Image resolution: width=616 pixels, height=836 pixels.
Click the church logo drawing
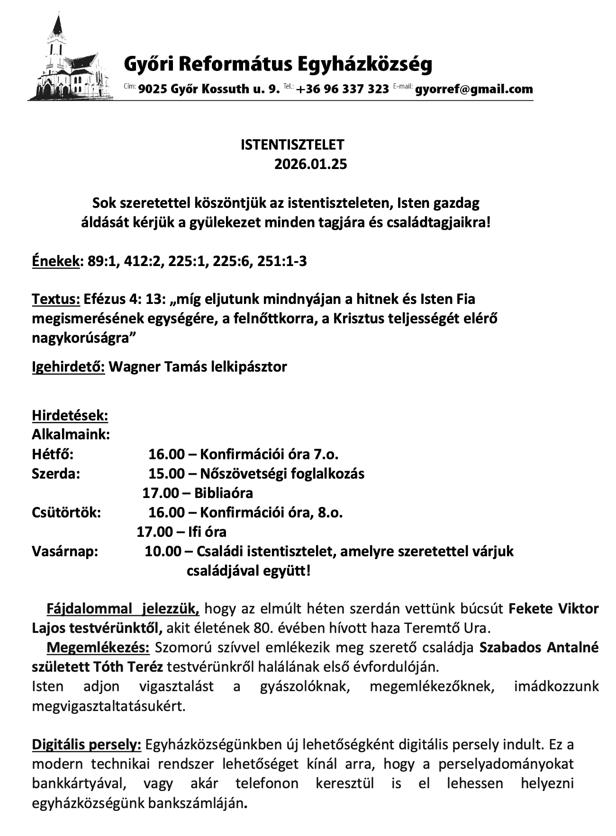pyautogui.click(x=71, y=59)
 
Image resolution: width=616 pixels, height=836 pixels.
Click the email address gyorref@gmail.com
pyautogui.click(x=474, y=89)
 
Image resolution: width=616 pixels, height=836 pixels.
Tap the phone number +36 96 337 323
pyautogui.click(x=343, y=89)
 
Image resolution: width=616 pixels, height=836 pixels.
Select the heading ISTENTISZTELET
pyautogui.click(x=292, y=145)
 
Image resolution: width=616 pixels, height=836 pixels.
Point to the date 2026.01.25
pyautogui.click(x=310, y=164)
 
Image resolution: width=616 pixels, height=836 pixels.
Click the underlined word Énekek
pyautogui.click(x=55, y=261)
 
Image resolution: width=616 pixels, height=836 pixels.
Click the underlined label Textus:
pyautogui.click(x=56, y=299)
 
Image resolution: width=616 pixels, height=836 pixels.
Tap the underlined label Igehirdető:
pyautogui.click(x=68, y=367)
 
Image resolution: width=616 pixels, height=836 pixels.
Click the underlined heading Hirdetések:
pyautogui.click(x=70, y=416)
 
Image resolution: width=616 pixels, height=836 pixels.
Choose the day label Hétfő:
pyautogui.click(x=53, y=454)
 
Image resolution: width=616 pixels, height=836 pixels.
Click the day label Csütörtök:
pyautogui.click(x=66, y=512)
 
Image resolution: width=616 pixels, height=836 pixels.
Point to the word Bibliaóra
pyautogui.click(x=224, y=493)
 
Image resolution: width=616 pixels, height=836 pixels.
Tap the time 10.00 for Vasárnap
pyautogui.click(x=163, y=551)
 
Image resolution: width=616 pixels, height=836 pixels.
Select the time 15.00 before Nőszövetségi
pyautogui.click(x=166, y=473)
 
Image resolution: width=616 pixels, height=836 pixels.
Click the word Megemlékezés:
pyautogui.click(x=98, y=647)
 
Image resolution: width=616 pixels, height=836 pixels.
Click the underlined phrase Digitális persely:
pyautogui.click(x=87, y=745)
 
